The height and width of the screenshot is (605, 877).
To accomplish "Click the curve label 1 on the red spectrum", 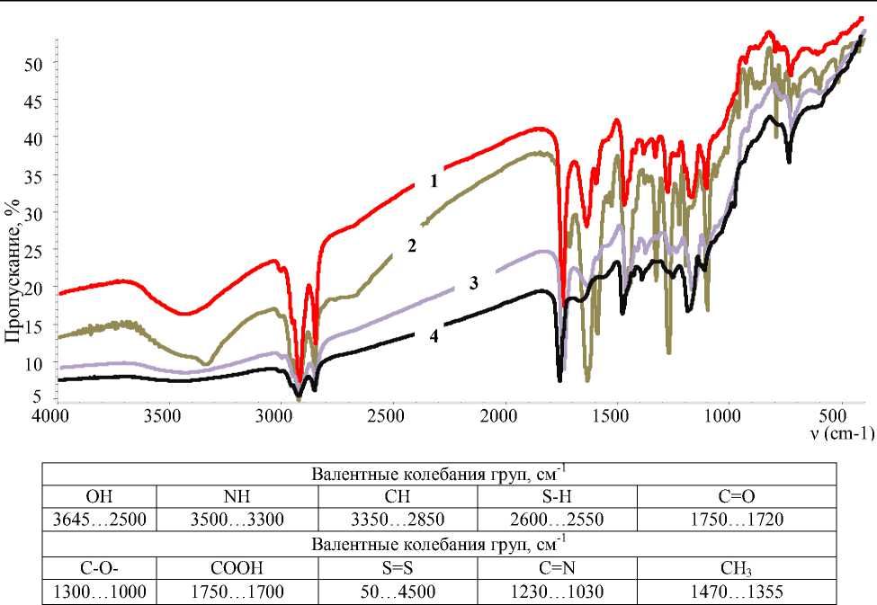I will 434,181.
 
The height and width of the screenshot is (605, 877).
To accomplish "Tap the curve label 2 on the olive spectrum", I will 411,245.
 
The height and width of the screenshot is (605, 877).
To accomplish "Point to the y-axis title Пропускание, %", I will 13,271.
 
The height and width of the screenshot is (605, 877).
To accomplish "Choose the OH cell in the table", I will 98,497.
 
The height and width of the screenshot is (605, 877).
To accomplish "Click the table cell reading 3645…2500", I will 98,520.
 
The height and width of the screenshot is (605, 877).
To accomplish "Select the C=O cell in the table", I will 737,497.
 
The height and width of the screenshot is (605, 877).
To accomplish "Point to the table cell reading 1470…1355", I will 737,592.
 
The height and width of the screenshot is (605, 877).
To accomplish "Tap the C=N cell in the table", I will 557,568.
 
